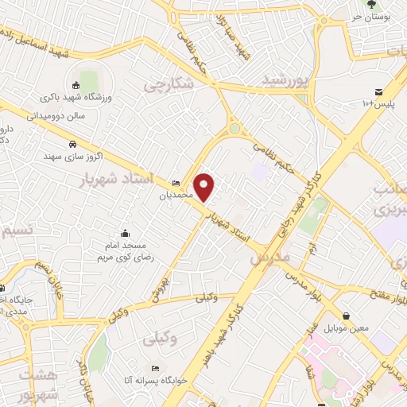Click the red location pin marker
click(x=205, y=188)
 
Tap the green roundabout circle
click(x=235, y=128)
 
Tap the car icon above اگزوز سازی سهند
click(x=73, y=145)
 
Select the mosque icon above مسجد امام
click(x=125, y=234)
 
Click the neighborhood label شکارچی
click(x=169, y=83)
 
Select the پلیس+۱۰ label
click(x=379, y=103)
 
